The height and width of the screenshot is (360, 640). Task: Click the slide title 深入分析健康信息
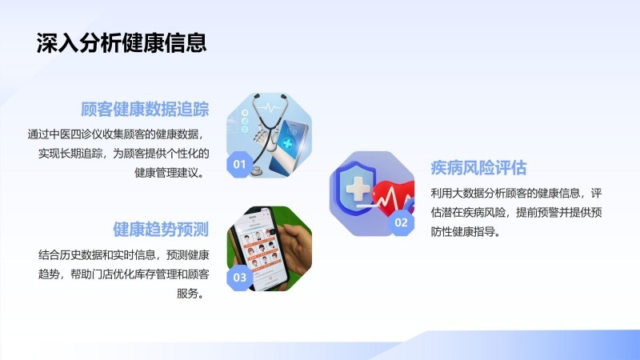click(122, 43)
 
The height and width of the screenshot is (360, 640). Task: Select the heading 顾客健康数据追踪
click(145, 110)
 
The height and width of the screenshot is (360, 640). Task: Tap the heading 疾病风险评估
click(478, 168)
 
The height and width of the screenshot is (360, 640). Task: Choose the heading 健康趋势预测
click(161, 230)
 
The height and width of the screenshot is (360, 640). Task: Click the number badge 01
click(239, 164)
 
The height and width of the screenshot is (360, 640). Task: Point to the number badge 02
click(401, 222)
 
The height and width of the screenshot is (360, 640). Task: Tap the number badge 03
click(239, 278)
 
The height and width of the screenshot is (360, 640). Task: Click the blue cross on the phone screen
click(288, 143)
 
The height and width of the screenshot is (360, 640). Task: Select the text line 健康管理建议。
click(170, 173)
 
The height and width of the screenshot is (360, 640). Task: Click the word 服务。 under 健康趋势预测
click(190, 293)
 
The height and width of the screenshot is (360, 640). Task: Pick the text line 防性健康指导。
click(466, 232)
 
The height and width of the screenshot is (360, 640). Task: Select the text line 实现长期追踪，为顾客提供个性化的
click(124, 154)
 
